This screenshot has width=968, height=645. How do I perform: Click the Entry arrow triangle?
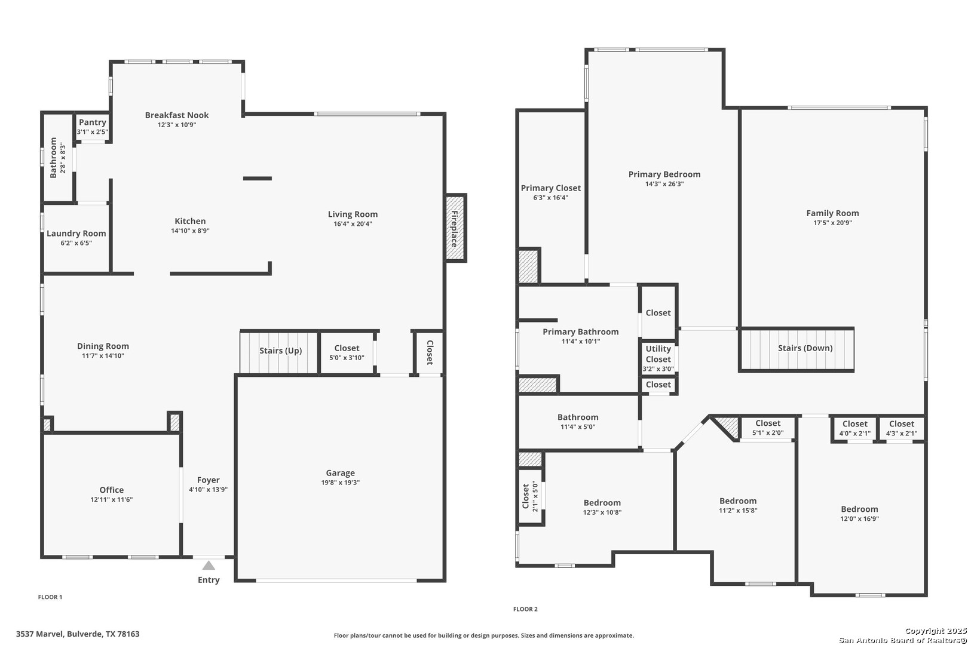click(x=209, y=565)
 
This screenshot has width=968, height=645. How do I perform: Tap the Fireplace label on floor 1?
click(x=454, y=229)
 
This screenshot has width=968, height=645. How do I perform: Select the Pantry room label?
click(x=93, y=122)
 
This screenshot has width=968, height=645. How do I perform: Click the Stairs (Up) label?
click(x=280, y=351)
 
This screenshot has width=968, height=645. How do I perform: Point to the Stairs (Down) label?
click(x=805, y=348)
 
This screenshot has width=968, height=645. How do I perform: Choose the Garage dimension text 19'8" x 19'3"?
click(x=341, y=483)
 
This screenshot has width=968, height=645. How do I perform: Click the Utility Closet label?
click(x=658, y=354)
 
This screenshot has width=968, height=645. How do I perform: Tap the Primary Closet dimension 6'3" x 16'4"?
click(x=550, y=198)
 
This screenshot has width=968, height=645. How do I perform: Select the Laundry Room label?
click(x=76, y=234)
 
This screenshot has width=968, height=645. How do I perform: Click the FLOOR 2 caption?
click(x=525, y=609)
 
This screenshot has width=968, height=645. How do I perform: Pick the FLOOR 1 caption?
click(x=50, y=597)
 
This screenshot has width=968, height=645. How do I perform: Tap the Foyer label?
click(x=209, y=480)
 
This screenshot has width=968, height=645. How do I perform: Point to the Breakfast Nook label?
click(x=177, y=115)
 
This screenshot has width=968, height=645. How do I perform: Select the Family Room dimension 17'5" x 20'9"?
click(x=833, y=223)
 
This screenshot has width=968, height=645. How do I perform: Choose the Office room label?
click(x=112, y=490)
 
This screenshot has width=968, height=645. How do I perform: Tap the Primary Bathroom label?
click(x=580, y=331)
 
